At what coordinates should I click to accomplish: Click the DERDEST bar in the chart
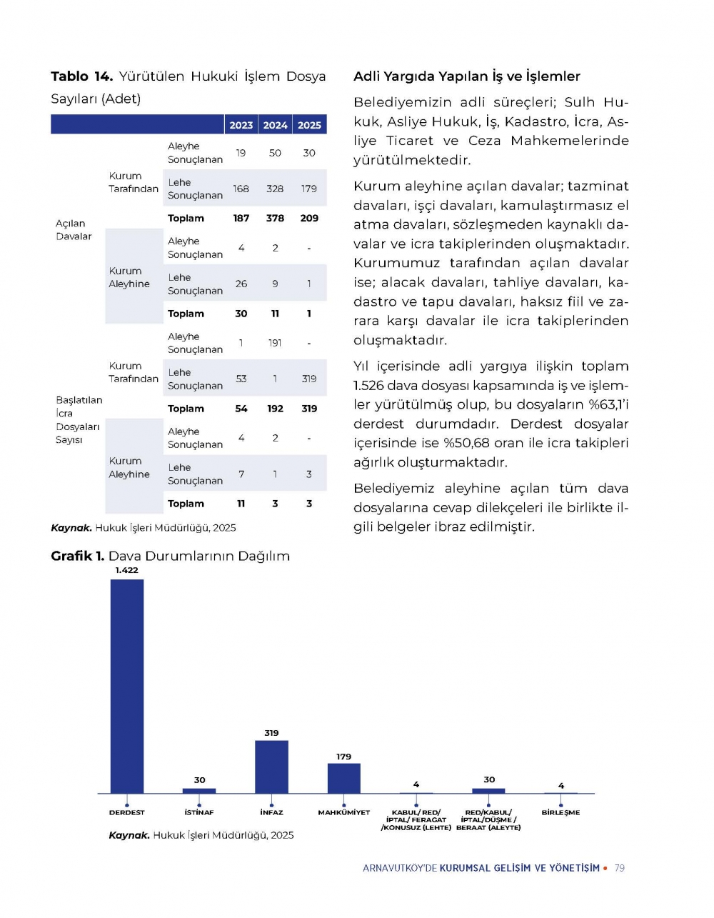(127, 686)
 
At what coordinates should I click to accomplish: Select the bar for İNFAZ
(271, 767)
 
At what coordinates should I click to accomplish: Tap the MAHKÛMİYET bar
(344, 778)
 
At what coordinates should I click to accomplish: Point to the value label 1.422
(127, 570)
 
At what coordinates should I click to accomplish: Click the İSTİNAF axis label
(199, 812)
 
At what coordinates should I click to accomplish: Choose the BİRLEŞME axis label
(560, 812)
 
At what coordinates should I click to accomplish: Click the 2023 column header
(241, 125)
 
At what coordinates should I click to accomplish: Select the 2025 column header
(309, 125)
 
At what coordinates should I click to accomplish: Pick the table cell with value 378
(275, 218)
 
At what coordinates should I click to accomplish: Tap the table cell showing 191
(275, 343)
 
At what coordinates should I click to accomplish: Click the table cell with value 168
(241, 189)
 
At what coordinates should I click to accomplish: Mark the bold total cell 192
(275, 409)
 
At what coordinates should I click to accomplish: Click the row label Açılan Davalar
(74, 229)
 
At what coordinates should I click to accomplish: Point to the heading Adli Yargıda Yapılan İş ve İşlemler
(467, 76)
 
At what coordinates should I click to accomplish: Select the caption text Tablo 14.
(81, 76)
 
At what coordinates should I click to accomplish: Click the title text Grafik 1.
(77, 556)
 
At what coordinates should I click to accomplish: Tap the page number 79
(620, 868)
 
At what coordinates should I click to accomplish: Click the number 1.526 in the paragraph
(370, 386)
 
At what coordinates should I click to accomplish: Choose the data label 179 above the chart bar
(344, 757)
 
